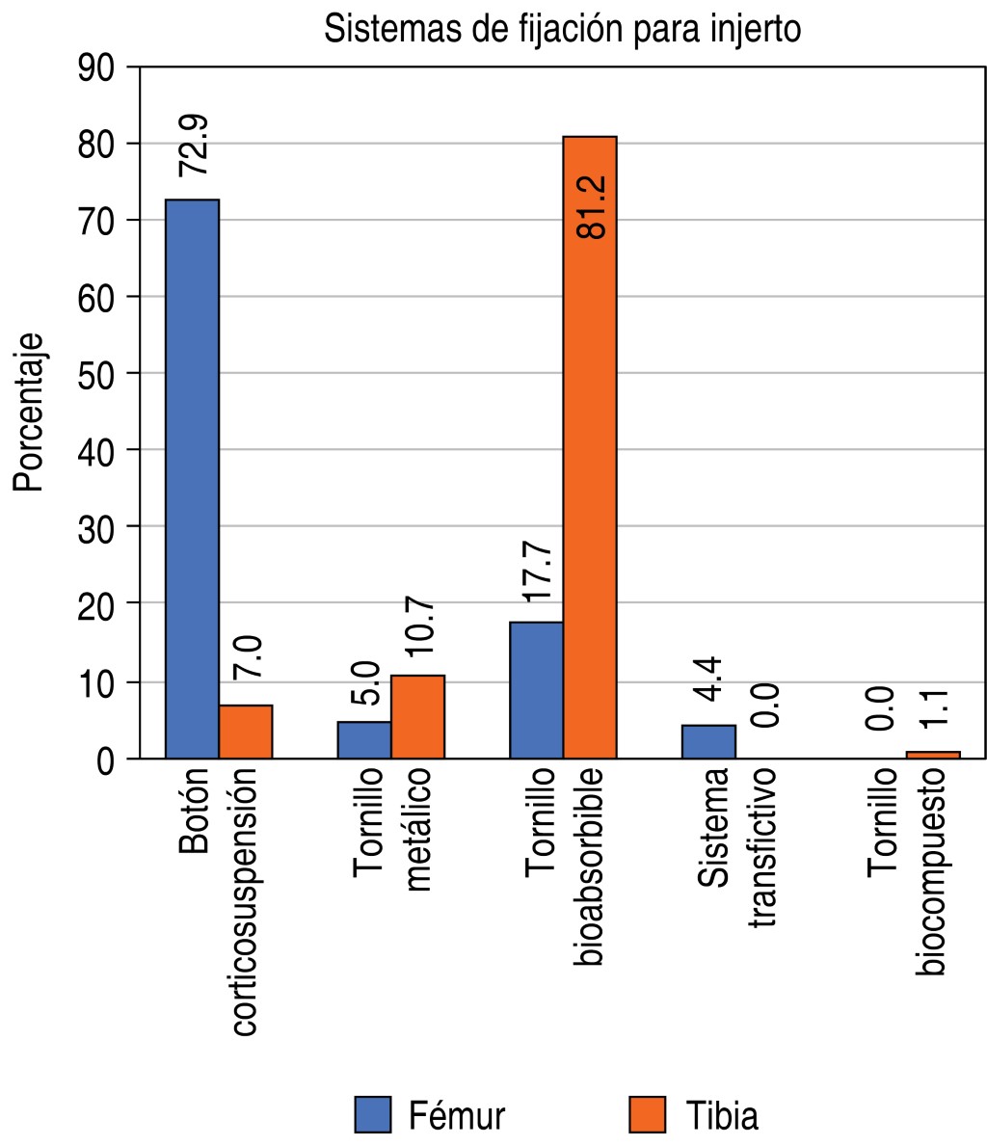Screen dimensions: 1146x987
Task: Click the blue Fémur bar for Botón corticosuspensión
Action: tap(192, 479)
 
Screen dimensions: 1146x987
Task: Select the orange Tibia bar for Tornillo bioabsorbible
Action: tap(590, 447)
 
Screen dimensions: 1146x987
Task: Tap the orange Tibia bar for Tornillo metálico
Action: tap(417, 717)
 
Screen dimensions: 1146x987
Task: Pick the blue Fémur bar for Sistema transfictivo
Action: tap(708, 742)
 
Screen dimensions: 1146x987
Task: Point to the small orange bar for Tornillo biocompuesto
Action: tap(933, 755)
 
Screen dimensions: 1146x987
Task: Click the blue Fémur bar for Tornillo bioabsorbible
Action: tap(536, 690)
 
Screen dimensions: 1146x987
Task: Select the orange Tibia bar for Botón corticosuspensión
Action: tap(246, 732)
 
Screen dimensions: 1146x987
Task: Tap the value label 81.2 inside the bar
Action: tap(590, 206)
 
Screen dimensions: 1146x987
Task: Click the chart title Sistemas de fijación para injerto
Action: tap(562, 29)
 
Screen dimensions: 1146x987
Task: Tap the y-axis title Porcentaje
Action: tap(30, 413)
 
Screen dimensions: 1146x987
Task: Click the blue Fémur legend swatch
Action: tap(373, 1114)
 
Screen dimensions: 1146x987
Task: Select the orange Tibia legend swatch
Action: tap(647, 1114)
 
